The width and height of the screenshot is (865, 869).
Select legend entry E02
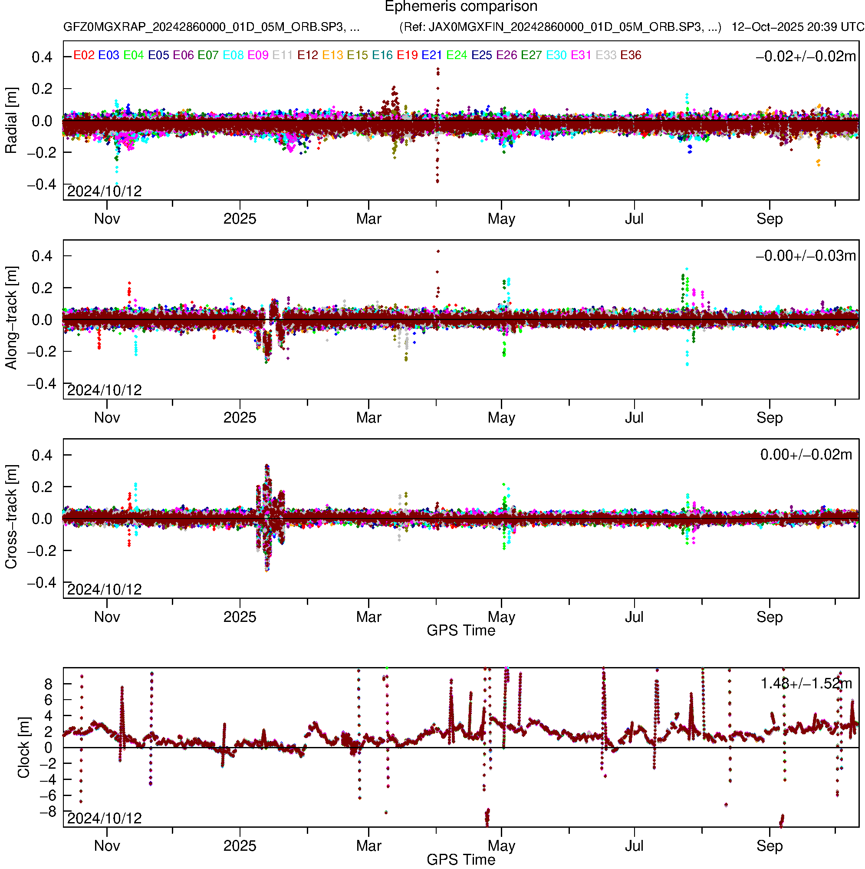click(x=84, y=55)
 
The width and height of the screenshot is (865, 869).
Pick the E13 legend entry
click(x=333, y=55)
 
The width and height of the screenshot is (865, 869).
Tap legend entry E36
click(x=631, y=55)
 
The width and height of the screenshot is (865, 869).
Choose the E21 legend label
click(x=431, y=55)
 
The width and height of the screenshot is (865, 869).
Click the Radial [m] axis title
click(x=11, y=121)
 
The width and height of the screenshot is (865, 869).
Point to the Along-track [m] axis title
click(x=11, y=318)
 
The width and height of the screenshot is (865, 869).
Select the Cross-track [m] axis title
click(x=11, y=517)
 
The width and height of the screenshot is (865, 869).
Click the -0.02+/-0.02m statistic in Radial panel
click(x=806, y=56)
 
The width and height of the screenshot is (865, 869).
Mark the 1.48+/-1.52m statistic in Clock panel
click(x=806, y=684)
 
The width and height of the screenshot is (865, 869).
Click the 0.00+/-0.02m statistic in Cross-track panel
click(x=806, y=455)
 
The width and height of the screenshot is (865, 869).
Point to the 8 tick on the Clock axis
click(x=48, y=684)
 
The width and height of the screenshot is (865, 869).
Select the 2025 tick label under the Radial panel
click(x=240, y=219)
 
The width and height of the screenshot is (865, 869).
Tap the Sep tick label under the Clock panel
click(x=769, y=846)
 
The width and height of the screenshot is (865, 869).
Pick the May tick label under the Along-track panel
click(x=501, y=418)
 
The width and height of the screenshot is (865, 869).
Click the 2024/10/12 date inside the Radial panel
click(x=104, y=192)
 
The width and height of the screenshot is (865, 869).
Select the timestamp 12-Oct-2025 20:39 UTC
click(x=798, y=27)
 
